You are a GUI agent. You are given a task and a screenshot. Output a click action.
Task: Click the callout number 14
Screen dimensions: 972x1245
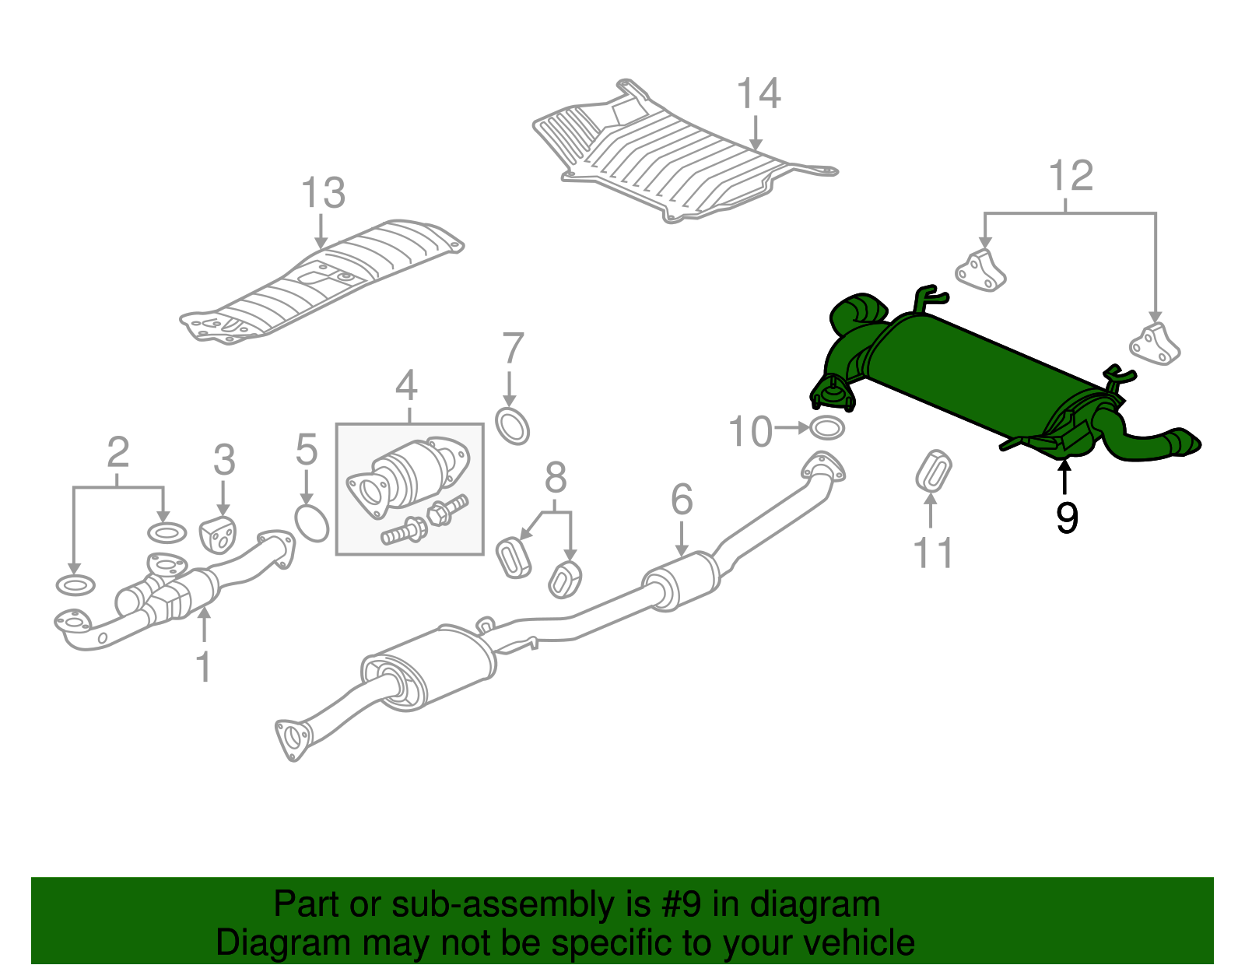click(758, 94)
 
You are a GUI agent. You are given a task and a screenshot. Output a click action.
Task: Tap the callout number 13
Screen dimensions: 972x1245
click(323, 193)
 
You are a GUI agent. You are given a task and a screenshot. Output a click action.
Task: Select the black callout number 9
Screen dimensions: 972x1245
click(1067, 518)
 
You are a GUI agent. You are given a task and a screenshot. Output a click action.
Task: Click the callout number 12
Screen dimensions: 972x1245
click(1071, 176)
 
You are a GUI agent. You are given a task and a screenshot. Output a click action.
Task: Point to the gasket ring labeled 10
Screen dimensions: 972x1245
click(827, 428)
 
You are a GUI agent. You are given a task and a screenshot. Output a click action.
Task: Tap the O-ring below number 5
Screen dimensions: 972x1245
click(312, 523)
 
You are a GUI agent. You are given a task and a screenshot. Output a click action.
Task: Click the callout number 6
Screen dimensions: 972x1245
click(682, 500)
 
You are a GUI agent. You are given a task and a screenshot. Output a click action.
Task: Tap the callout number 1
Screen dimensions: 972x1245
click(203, 667)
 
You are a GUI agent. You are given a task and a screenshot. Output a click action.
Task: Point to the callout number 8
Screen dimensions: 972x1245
click(555, 478)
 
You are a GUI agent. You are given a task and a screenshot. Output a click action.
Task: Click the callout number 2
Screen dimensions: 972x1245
click(117, 452)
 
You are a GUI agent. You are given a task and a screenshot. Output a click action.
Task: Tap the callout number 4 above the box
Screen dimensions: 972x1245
click(406, 386)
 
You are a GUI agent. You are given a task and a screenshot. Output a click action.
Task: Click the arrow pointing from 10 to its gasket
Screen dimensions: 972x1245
click(792, 428)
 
